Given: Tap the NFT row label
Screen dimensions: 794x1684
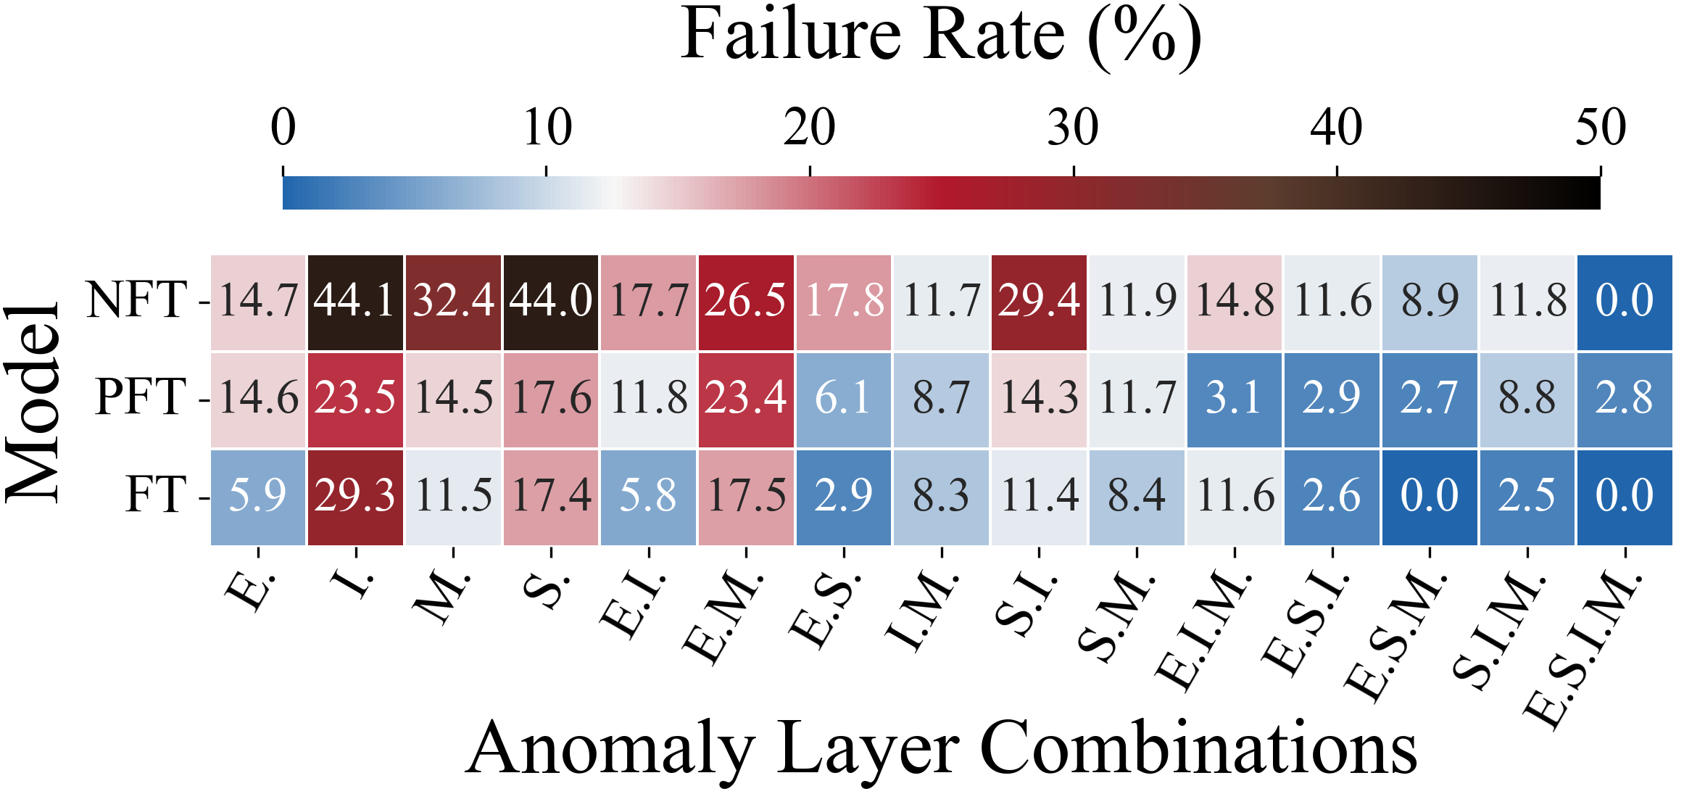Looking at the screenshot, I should click(x=138, y=300).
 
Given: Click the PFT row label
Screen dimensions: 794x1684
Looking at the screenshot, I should click(x=141, y=398).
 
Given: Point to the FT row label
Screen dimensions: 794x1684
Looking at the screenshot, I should click(x=156, y=495).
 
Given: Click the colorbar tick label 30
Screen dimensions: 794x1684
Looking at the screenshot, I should click(x=1073, y=128).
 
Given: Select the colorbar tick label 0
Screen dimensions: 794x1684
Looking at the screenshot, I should click(x=283, y=128).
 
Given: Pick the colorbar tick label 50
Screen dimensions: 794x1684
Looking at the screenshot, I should click(x=1601, y=128).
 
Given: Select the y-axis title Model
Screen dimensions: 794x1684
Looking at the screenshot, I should click(x=33, y=402).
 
